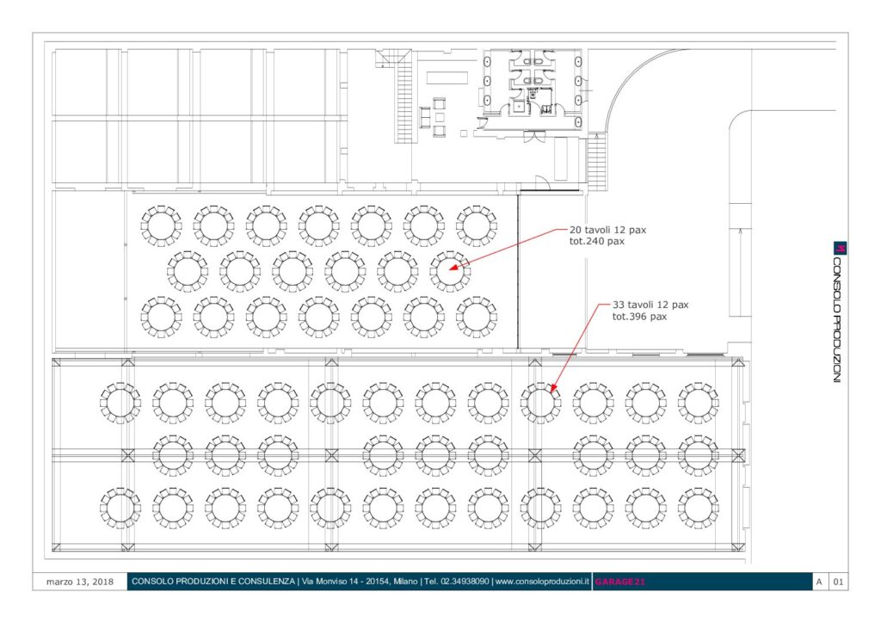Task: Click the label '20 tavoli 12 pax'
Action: click(x=607, y=230)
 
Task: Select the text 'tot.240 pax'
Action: click(x=597, y=242)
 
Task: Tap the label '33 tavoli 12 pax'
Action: click(x=650, y=305)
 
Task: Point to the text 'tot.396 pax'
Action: click(x=639, y=317)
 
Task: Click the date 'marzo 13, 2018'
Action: click(x=80, y=582)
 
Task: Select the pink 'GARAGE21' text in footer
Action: click(x=619, y=582)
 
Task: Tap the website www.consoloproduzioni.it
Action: click(x=542, y=582)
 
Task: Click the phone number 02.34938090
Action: click(x=464, y=582)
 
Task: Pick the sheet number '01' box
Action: click(x=838, y=582)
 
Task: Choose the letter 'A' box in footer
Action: click(x=819, y=582)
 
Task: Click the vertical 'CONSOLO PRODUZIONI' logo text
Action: click(x=838, y=320)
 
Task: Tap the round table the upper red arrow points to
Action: click(x=450, y=271)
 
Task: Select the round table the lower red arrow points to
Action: click(x=540, y=403)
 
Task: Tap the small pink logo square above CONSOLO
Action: click(x=840, y=248)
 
